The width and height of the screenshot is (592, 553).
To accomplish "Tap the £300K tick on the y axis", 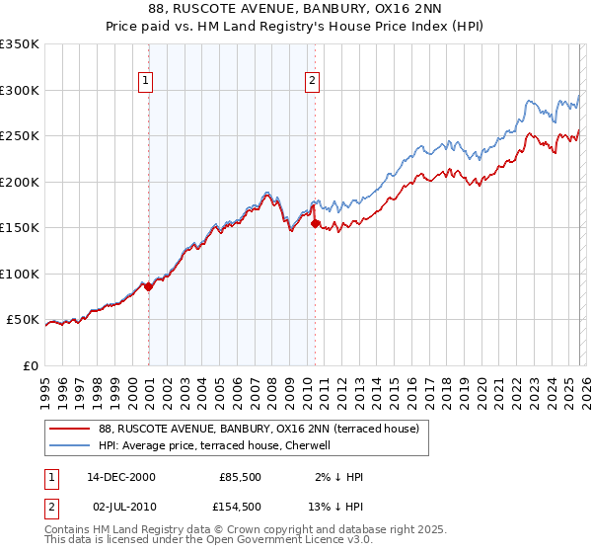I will [20, 90].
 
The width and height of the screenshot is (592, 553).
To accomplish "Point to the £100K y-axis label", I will [20, 274].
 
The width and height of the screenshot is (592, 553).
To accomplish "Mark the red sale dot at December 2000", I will [149, 287].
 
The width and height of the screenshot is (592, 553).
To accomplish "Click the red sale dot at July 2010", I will [315, 224].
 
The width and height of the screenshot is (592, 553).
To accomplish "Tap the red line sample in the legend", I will [70, 429].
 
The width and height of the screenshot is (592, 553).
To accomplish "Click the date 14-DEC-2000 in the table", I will [121, 477].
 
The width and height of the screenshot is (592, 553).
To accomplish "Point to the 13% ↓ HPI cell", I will [335, 507].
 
